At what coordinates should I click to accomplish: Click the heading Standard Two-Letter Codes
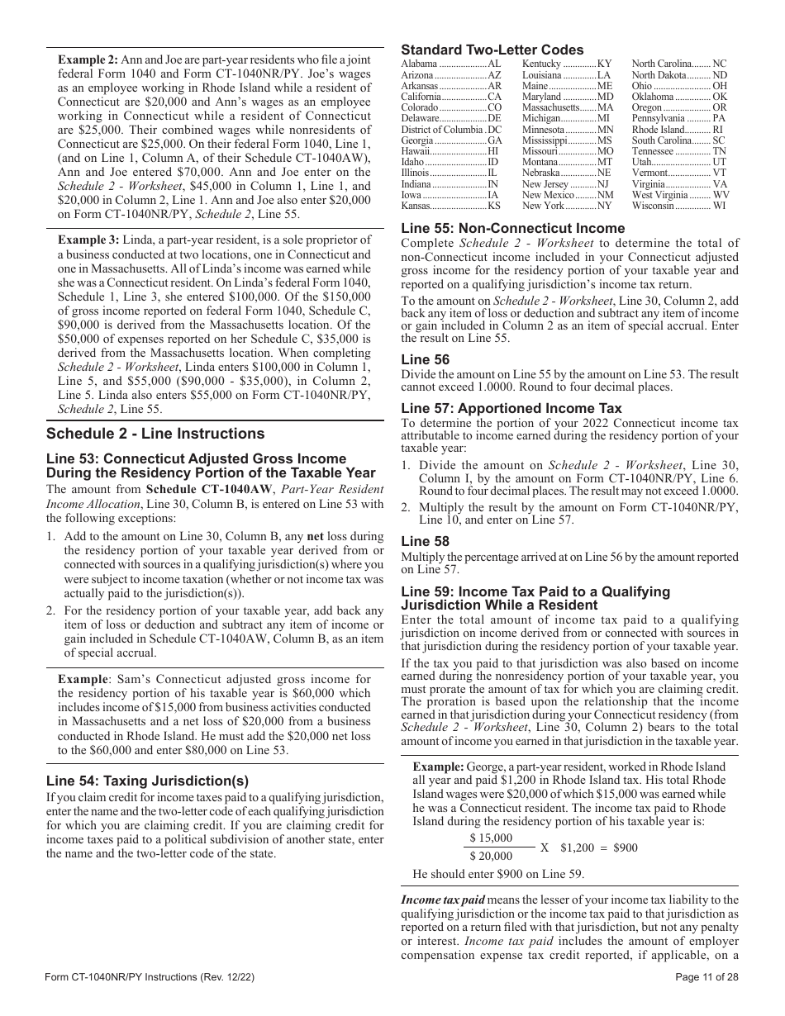(492, 50)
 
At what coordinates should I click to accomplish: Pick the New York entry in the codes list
(567, 206)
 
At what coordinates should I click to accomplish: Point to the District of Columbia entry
(451, 130)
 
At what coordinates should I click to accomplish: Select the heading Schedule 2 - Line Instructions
(155, 434)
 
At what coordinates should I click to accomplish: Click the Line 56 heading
(425, 359)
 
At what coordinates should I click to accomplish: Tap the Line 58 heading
(425, 541)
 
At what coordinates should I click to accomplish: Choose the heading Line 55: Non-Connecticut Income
(512, 229)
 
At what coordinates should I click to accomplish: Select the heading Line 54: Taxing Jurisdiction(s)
(147, 781)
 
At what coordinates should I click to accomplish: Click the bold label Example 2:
(88, 59)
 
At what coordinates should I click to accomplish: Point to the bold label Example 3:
(88, 240)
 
